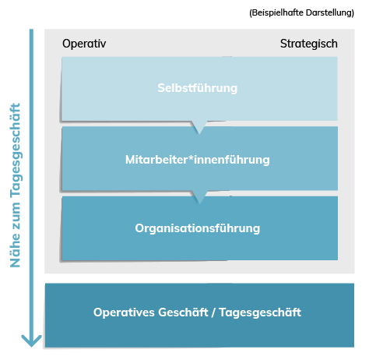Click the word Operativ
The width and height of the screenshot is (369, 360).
click(84, 44)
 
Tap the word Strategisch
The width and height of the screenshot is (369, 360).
click(309, 44)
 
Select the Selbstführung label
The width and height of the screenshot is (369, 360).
click(198, 88)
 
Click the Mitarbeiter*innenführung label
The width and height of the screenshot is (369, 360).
click(198, 160)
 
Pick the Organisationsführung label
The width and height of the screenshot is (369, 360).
click(198, 228)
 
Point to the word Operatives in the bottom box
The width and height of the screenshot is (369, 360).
click(125, 312)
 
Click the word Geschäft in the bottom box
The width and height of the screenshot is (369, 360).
click(183, 312)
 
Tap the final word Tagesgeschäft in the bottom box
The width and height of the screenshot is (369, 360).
click(260, 312)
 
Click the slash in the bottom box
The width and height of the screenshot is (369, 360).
click(213, 312)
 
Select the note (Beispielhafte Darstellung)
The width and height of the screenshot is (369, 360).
click(301, 12)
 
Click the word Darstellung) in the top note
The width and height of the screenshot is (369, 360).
click(330, 12)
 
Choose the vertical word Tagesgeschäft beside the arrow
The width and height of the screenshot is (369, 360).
click(16, 151)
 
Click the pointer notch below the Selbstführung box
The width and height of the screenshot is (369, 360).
click(199, 128)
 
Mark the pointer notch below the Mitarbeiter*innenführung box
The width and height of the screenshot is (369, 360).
click(199, 197)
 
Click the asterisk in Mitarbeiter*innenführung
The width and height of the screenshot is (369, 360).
click(190, 157)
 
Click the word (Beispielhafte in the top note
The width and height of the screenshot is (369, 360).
click(276, 12)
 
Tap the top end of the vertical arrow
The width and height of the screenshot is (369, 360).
click(31, 30)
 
